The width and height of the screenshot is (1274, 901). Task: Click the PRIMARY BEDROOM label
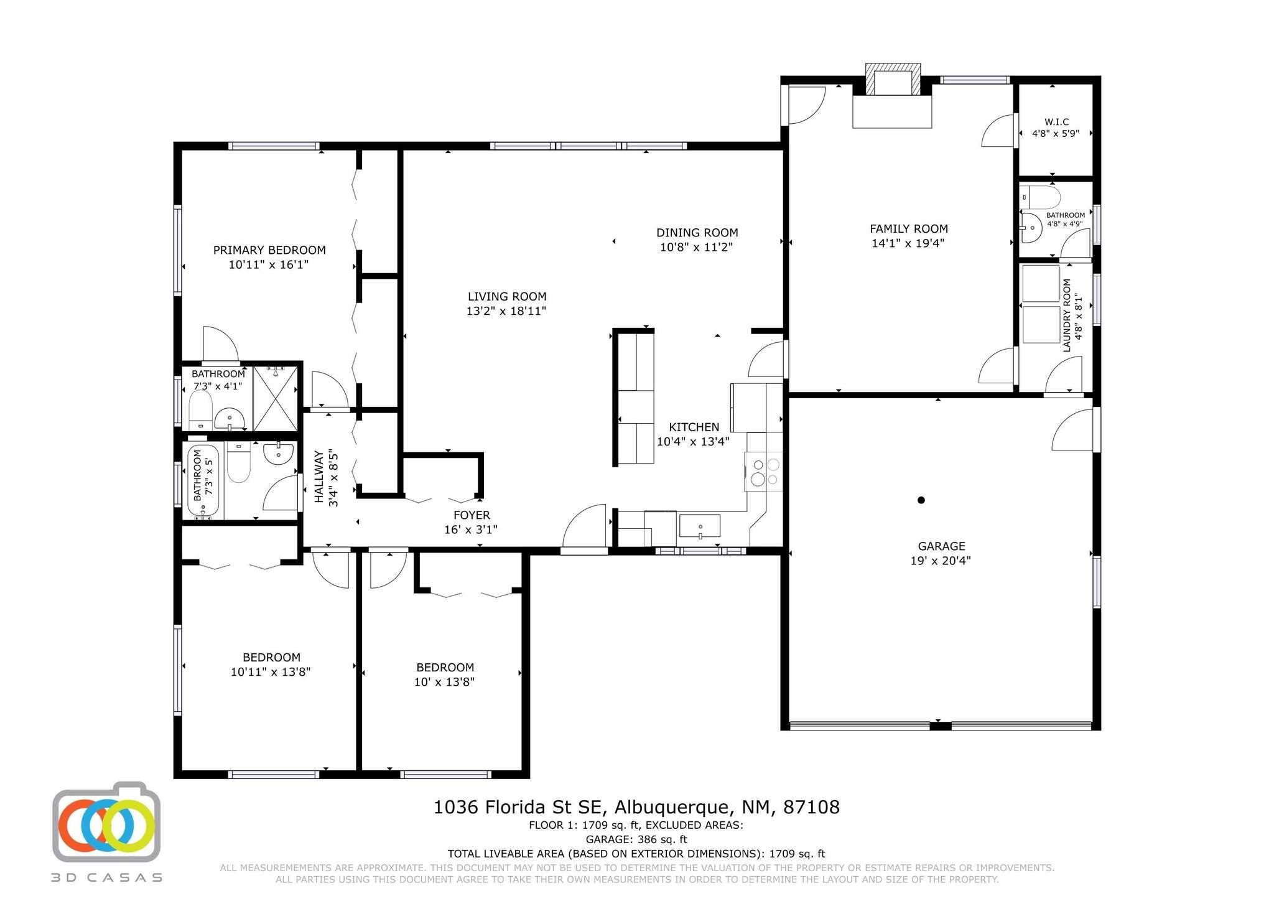(269, 250)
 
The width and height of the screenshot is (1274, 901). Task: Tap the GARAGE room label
(941, 546)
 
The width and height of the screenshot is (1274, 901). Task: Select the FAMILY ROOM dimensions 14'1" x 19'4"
(908, 243)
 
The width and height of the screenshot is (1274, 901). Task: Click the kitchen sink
(700, 526)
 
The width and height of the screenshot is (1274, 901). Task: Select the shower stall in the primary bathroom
(276, 399)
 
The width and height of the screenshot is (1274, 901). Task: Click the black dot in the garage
(921, 500)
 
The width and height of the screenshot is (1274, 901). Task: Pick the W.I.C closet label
(1057, 122)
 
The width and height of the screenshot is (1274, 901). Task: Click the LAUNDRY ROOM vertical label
(1067, 315)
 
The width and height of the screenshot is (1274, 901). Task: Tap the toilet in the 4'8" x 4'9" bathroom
(1041, 197)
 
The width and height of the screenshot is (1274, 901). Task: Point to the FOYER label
(472, 515)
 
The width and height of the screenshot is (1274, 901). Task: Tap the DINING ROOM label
(697, 233)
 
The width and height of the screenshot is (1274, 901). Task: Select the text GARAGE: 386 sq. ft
(636, 840)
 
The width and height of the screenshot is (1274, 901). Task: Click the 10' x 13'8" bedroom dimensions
(444, 682)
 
